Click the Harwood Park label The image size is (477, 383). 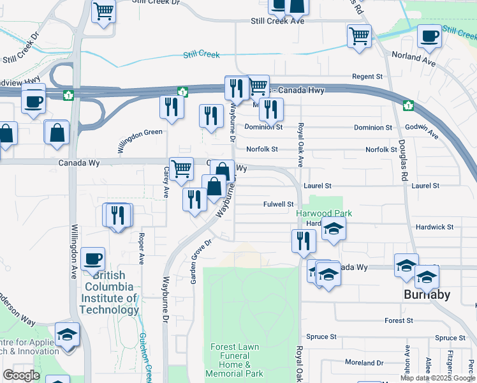coord(323,213)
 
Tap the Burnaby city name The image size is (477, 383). coord(427,295)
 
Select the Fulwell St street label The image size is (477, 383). coord(278,204)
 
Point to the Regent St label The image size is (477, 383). coord(367,77)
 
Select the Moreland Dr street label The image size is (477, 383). coord(364,363)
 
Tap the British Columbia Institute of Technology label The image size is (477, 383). coord(109,293)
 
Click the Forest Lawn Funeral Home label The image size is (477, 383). coord(235,360)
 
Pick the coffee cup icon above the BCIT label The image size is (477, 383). coord(93,259)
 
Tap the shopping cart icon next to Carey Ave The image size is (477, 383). coord(181,169)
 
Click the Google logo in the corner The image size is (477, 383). coord(21,375)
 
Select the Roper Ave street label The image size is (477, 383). coord(142,248)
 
